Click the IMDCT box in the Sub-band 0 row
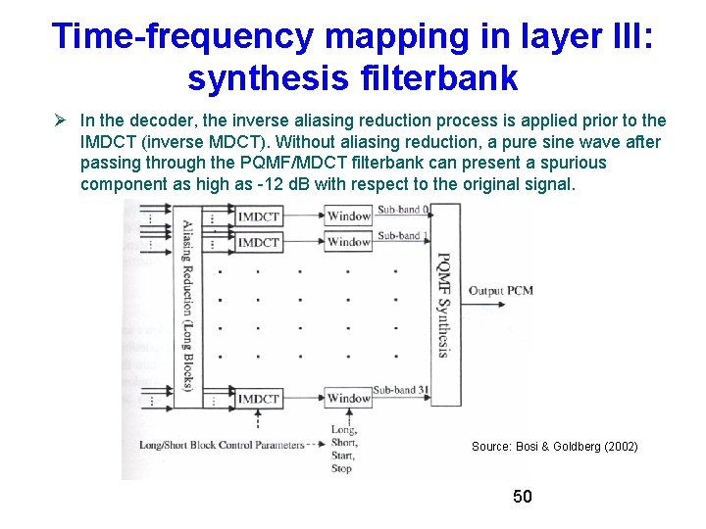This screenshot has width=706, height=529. click(259, 216)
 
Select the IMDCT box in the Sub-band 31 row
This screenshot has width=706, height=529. click(259, 399)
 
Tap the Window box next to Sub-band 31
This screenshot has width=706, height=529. click(348, 399)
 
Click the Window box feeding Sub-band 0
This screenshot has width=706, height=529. click(348, 216)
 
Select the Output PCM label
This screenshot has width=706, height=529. click(501, 291)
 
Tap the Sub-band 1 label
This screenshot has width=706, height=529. click(399, 236)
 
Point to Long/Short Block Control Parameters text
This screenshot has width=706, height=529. click(223, 446)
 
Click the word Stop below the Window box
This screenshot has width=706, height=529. click(341, 469)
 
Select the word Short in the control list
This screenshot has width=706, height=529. click(344, 443)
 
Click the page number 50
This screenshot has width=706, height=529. click(523, 497)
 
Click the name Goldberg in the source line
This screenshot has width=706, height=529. click(574, 447)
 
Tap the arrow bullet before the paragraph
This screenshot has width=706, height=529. click(60, 120)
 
